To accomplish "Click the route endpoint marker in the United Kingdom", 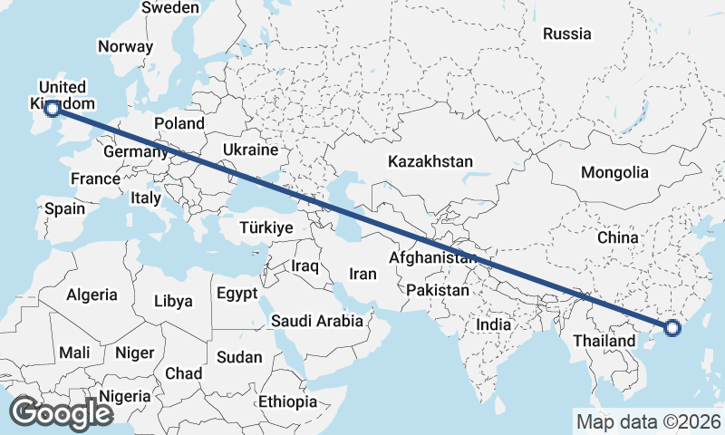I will tap(53, 109).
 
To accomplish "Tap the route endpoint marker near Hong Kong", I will tap(672, 328).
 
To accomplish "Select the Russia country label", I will tap(567, 34).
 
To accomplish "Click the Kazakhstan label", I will tap(430, 161).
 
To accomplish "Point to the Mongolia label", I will tap(615, 172).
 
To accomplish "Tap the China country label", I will tap(619, 237).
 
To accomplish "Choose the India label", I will tap(494, 324).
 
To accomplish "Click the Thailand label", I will tap(604, 341).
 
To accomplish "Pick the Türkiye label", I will tap(266, 227).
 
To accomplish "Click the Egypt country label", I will tap(237, 294).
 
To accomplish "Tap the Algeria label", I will tap(92, 295).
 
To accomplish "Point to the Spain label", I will tap(65, 208).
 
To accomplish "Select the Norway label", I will tap(125, 47).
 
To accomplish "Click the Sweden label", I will tap(171, 7).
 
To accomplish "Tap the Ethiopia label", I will tap(287, 401).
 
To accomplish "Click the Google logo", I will tap(61, 413).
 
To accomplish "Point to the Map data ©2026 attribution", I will tap(649, 421).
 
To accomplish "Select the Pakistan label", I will tap(438, 290).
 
